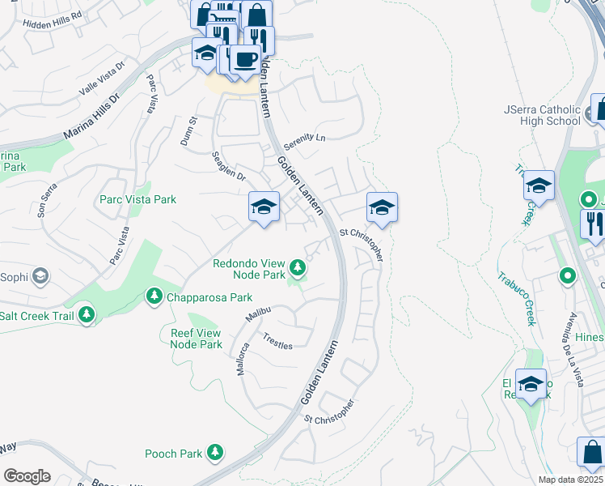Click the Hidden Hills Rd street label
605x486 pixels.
click(54, 15)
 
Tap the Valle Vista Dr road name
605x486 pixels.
click(103, 79)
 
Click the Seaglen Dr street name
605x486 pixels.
click(228, 165)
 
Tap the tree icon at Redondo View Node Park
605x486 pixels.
click(298, 266)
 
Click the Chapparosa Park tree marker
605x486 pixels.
click(153, 297)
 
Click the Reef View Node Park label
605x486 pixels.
click(196, 339)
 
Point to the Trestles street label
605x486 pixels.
click(277, 344)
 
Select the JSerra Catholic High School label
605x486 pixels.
click(542, 115)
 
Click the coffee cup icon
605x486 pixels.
click(245, 58)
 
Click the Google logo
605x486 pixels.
click(27, 476)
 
